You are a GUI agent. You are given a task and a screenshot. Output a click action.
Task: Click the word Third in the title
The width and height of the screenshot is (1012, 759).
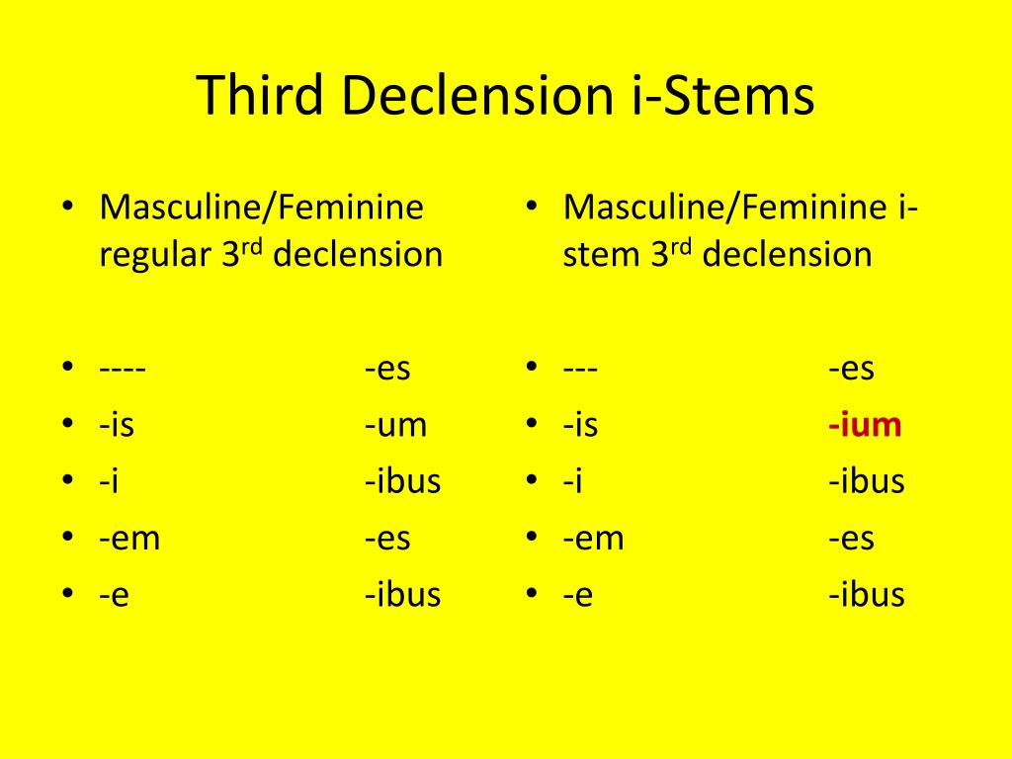point(259,96)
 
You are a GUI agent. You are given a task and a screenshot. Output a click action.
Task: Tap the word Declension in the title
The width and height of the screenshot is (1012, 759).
point(475,96)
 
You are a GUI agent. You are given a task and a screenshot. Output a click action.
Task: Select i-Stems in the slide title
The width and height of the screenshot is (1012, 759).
point(722,96)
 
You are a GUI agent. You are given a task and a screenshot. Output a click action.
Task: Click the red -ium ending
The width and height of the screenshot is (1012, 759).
point(865,426)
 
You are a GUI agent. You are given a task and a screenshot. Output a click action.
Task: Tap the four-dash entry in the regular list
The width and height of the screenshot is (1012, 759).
point(123,370)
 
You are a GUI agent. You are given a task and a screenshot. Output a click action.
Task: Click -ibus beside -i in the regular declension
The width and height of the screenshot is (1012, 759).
point(402,482)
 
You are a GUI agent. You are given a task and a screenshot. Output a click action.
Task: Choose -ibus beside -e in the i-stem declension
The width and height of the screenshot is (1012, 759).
point(867,595)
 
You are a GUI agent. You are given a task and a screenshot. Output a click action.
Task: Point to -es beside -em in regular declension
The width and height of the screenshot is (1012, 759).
point(387,539)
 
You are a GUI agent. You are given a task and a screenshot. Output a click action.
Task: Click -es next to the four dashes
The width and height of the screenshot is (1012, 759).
point(387,370)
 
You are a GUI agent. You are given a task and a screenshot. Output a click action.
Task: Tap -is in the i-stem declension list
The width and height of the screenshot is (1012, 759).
point(581,426)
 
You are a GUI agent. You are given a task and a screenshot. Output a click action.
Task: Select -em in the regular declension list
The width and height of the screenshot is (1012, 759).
point(129,539)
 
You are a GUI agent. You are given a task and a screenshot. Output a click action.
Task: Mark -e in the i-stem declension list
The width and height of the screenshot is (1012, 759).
point(578,595)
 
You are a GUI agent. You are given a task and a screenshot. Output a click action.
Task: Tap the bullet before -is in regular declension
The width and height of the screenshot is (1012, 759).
point(66,426)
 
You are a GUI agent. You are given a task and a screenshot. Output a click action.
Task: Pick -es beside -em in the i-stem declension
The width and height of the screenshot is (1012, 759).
point(851,539)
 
